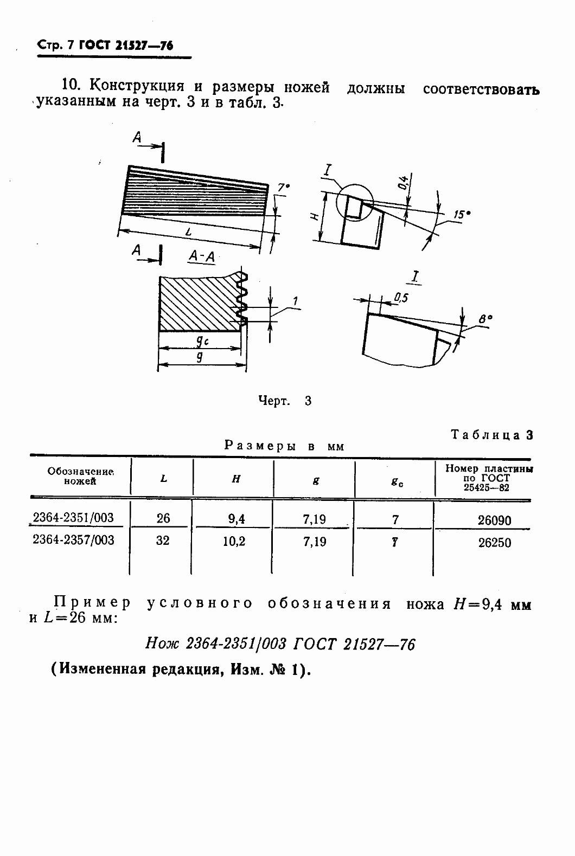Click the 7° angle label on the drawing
(283, 188)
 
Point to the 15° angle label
(461, 215)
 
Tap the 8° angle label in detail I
(485, 319)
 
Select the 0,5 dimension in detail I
(401, 297)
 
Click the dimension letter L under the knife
(188, 232)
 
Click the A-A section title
(201, 258)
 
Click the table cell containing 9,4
(236, 519)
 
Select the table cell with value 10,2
(234, 542)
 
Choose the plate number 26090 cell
(494, 520)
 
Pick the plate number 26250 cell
(494, 543)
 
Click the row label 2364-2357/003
(74, 540)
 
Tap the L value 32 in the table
(163, 541)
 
